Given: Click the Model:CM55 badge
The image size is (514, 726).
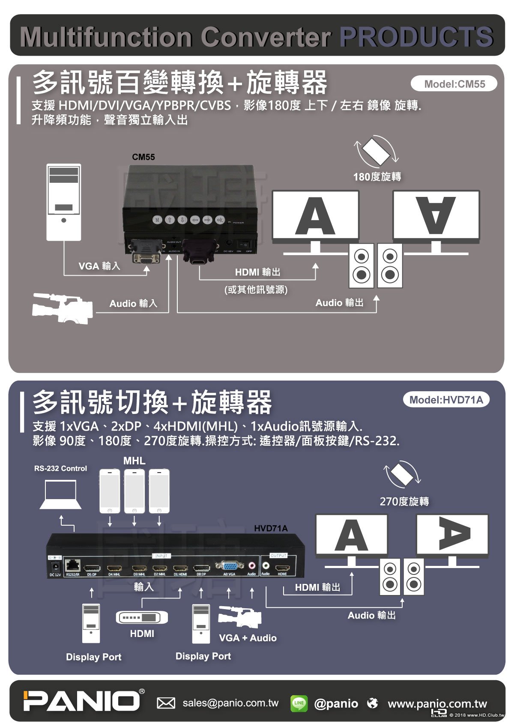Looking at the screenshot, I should pos(454,84).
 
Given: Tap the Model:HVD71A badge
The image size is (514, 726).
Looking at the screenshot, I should pos(446,400).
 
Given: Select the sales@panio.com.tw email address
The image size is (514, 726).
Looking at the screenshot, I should pos(230,703).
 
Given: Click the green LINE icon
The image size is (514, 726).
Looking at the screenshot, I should pos(299,703).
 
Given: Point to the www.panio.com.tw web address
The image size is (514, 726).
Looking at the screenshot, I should pos(437,703).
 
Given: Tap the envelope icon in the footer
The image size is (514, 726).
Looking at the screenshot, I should pos(166,703).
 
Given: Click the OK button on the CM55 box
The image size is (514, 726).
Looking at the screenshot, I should pos(220,220).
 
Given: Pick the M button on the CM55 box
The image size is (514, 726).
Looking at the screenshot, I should pos(158,220).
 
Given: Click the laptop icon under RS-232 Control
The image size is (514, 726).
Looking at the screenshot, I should pos(61,494).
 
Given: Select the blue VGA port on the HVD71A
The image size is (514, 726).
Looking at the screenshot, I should pos(230,566).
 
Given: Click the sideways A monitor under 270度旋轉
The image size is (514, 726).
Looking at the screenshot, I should pos(452,535).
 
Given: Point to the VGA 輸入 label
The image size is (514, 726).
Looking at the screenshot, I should pos(99,266).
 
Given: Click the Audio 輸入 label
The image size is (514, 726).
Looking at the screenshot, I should pos(133,303).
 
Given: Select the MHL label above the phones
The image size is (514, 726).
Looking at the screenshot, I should pos(134,461).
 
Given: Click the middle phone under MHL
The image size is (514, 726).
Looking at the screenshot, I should pos(134,491).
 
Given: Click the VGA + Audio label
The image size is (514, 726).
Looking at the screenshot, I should pos(248,638).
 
